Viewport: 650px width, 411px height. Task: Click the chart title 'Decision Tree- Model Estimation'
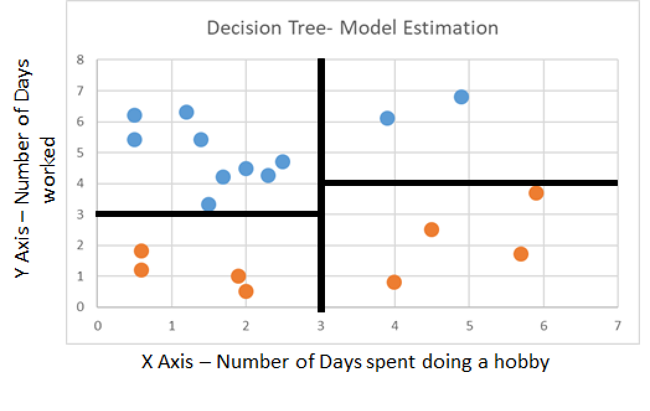352,29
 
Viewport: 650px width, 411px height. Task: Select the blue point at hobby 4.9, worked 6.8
461,97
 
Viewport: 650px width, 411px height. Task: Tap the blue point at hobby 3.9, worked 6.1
387,118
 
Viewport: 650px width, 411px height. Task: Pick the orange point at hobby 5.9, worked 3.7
536,193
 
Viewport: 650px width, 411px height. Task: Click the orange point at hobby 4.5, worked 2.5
432,229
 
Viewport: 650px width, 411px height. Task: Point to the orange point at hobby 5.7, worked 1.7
521,254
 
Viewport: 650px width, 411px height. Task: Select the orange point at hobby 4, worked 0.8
394,282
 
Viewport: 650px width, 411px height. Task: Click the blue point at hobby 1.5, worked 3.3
208,204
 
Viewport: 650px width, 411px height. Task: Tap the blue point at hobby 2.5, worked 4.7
283,162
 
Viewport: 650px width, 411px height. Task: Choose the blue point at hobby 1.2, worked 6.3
186,112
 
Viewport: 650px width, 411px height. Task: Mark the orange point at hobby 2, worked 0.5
246,291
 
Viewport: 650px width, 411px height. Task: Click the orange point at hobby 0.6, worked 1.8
141,250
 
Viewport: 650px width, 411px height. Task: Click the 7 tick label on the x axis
618,325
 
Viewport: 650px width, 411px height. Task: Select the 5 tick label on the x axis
469,325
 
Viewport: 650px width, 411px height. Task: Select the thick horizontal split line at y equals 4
471,183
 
